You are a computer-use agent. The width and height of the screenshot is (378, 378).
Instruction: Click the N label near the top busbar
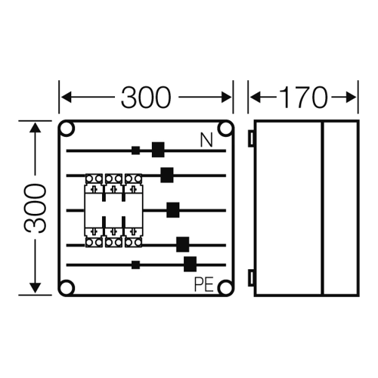(206, 141)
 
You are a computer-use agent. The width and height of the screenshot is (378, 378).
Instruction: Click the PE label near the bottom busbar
(204, 284)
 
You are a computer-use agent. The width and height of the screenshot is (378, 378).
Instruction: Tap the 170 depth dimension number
(303, 98)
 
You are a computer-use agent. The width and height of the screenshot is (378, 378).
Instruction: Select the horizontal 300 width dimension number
(146, 98)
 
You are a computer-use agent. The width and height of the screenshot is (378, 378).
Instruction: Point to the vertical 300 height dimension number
(36, 208)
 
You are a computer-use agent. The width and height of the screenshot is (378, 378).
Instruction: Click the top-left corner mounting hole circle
(67, 129)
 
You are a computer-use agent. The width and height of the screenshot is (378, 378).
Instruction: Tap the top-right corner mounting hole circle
(225, 129)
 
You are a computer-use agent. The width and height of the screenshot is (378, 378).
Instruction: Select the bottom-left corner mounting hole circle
(67, 287)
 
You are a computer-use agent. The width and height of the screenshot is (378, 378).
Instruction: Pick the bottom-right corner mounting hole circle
(225, 287)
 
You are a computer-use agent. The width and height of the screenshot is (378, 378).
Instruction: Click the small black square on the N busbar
(135, 150)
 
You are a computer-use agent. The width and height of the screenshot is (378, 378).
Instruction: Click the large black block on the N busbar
(158, 150)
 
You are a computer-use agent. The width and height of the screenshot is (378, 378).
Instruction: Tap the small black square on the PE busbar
(135, 265)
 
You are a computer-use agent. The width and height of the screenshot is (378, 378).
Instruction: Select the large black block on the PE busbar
(190, 264)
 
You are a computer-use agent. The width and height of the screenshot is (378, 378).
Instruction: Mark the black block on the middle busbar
(173, 210)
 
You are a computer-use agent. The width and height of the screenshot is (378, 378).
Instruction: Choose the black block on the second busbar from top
(167, 175)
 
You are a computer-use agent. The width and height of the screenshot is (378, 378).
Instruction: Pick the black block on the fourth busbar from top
(183, 244)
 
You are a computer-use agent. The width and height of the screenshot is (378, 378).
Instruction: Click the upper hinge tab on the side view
(251, 138)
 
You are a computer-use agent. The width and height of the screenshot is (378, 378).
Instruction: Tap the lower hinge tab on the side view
(251, 278)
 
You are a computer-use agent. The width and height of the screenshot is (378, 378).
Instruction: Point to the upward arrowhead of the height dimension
(35, 128)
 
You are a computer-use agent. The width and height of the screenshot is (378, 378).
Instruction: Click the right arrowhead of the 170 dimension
(351, 98)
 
